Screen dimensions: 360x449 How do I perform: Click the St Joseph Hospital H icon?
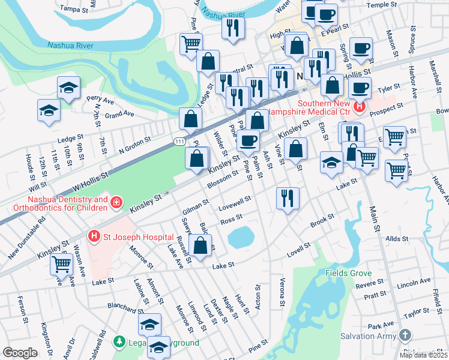point(94,236)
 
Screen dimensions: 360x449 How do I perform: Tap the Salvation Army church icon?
point(406,335)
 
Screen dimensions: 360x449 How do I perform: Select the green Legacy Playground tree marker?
point(119,342)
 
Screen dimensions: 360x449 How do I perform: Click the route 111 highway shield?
point(179,140)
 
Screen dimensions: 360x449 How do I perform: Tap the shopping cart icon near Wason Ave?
point(61,263)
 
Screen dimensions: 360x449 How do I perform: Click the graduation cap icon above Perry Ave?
point(68,87)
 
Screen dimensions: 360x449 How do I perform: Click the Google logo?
point(20,353)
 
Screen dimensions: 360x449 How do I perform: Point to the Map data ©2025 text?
point(424,355)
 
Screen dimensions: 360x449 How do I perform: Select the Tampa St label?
point(74,8)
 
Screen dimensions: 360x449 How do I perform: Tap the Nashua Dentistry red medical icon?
point(115,205)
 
